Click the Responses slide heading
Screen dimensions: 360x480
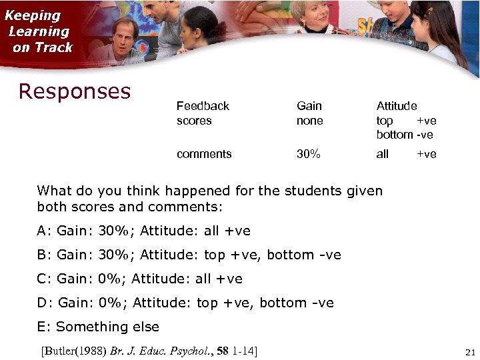coord(75,91)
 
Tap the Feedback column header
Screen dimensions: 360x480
coord(203,106)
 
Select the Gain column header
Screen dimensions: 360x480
coord(309,106)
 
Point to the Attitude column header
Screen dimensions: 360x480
coord(397,106)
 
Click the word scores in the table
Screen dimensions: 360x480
coord(194,121)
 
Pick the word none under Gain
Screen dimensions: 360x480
coord(310,121)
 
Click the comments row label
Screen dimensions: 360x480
coord(204,154)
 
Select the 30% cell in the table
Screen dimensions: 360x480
coord(309,154)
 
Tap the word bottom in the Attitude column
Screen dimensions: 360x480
coord(394,135)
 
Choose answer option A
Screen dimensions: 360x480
coord(144,231)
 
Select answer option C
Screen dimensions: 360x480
coord(140,279)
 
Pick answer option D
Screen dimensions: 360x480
coord(185,303)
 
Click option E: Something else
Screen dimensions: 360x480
coord(99,327)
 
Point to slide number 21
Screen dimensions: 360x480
coord(468,352)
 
